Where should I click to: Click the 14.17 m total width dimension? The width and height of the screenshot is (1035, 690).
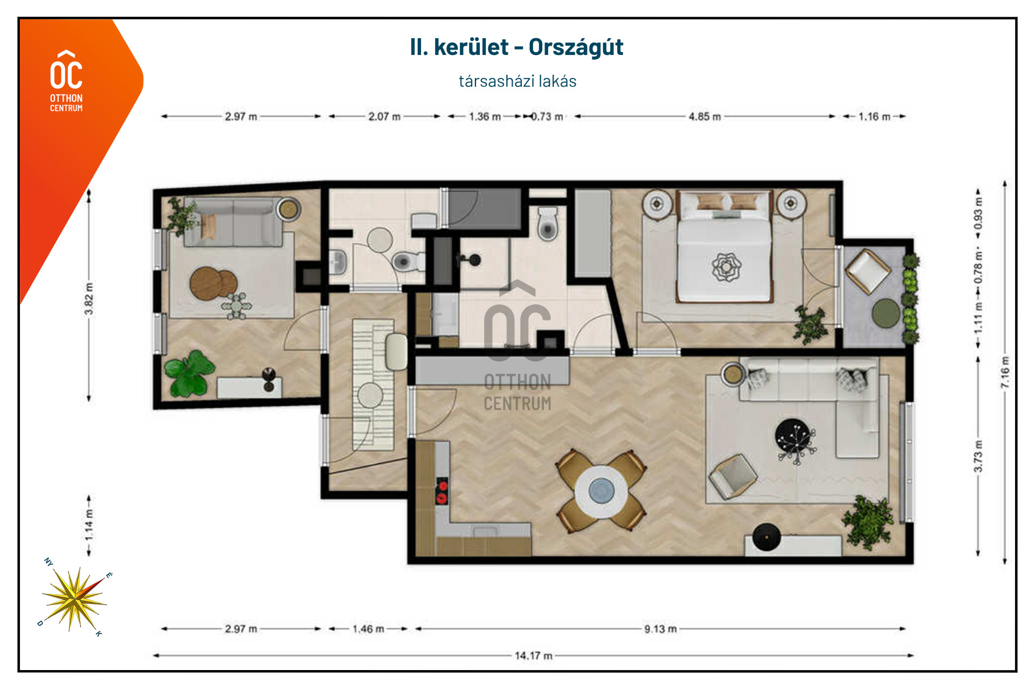[x=533, y=656]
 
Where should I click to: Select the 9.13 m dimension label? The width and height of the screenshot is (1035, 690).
[x=660, y=629]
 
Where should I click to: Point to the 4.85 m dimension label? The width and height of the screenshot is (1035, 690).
[x=705, y=116]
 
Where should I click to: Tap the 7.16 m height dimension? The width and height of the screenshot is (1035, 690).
[x=1005, y=372]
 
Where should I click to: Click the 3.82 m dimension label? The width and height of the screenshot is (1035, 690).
[x=89, y=298]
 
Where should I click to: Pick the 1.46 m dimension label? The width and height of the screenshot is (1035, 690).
[x=369, y=629]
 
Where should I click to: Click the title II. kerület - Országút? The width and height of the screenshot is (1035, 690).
[x=516, y=47]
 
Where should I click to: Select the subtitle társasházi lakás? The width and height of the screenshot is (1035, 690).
[x=517, y=81]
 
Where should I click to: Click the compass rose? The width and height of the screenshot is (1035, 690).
[x=74, y=598]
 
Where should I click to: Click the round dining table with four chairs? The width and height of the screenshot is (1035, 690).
[x=601, y=491]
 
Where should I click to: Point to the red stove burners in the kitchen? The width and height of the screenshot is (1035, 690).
[x=442, y=491]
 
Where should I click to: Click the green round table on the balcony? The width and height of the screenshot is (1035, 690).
[x=886, y=313]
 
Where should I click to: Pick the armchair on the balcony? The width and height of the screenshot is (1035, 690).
[x=867, y=271]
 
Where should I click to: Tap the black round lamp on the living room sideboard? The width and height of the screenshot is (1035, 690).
[x=766, y=537]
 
